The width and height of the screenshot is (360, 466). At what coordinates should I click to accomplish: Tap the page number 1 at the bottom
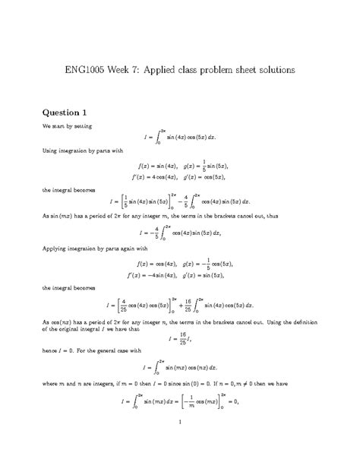179,443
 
